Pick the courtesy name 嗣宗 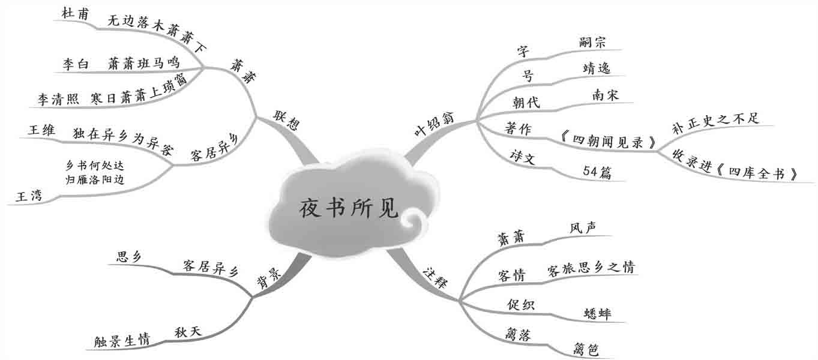[x=593, y=42]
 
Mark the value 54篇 [x=597, y=172]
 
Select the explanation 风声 [x=582, y=228]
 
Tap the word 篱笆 [x=586, y=349]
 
